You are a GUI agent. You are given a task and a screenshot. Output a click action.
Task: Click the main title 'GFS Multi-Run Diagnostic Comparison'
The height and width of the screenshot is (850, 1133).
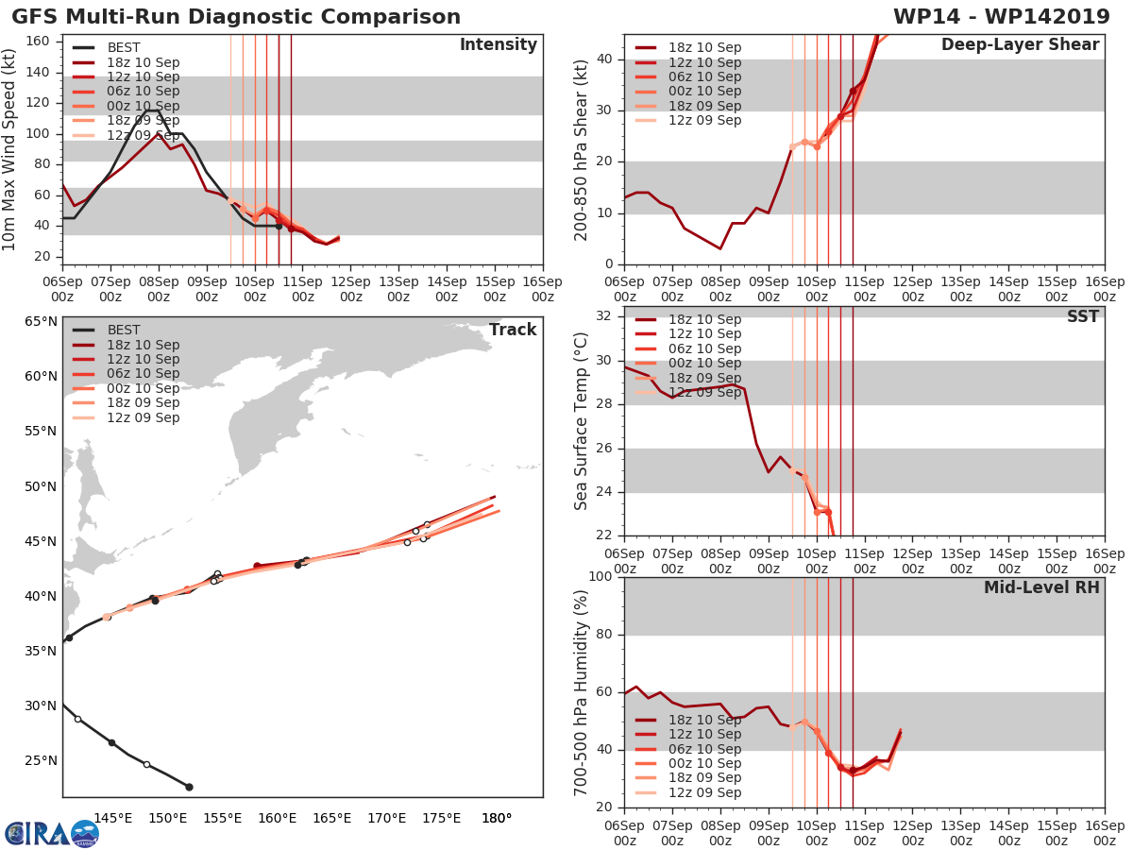click(x=236, y=17)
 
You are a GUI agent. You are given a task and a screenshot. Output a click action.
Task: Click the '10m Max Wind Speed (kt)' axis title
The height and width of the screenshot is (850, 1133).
click(x=10, y=149)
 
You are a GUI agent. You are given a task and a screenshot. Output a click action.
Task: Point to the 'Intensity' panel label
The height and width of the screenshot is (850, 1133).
click(x=498, y=45)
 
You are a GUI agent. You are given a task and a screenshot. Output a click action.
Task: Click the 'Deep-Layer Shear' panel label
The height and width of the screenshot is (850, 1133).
click(x=1020, y=45)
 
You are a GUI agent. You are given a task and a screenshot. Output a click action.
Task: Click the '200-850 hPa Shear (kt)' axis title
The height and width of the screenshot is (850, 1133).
click(x=582, y=149)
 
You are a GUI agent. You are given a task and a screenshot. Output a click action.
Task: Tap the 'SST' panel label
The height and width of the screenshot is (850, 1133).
click(x=1082, y=317)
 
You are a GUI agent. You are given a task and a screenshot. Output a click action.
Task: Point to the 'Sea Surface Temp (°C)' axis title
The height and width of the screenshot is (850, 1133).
click(x=582, y=422)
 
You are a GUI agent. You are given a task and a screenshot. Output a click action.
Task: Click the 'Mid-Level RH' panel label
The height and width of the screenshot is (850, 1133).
click(x=1041, y=587)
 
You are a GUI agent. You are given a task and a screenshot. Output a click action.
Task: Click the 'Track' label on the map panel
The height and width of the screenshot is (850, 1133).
click(x=512, y=330)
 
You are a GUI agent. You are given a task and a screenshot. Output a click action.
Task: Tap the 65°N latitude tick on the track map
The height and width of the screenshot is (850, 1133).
click(x=41, y=322)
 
